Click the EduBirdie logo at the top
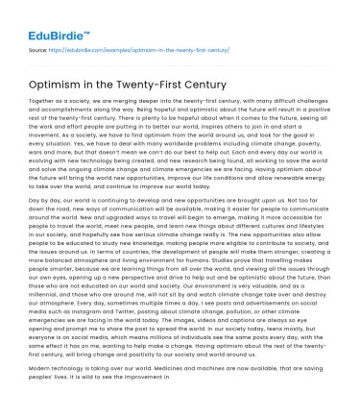coord(46,21)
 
